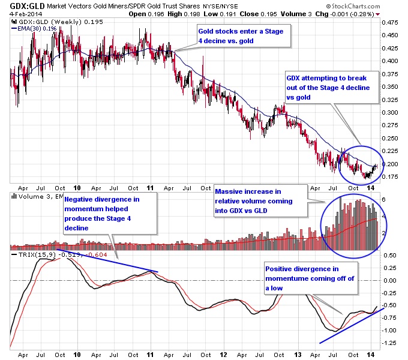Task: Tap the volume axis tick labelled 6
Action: pos(385,199)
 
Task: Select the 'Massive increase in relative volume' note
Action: pos(259,201)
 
